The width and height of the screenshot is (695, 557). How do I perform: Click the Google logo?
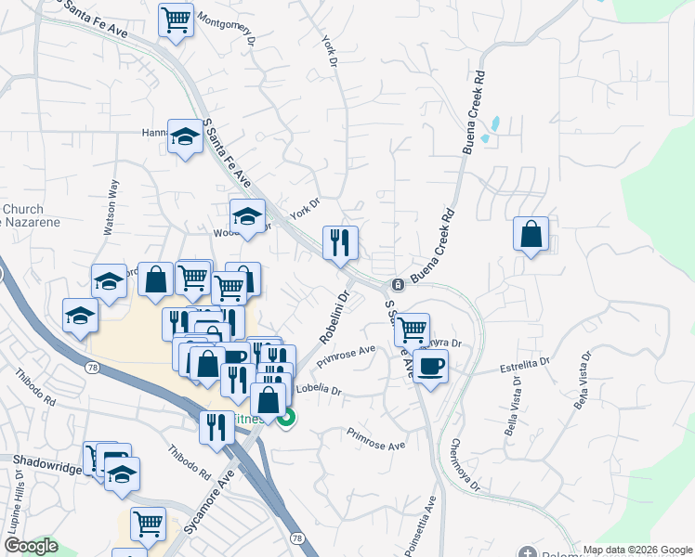(x=31, y=546)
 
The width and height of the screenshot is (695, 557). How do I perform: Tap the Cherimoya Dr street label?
(x=465, y=464)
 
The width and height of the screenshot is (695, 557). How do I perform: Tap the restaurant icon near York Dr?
(x=340, y=242)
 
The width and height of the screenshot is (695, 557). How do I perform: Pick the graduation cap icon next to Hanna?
(x=185, y=136)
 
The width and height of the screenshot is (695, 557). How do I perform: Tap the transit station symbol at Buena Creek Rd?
(x=397, y=283)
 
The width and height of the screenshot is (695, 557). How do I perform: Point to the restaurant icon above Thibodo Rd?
(x=216, y=427)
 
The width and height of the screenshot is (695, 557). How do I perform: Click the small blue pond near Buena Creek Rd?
(x=494, y=123)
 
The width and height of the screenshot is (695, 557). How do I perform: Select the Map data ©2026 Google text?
(x=636, y=550)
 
